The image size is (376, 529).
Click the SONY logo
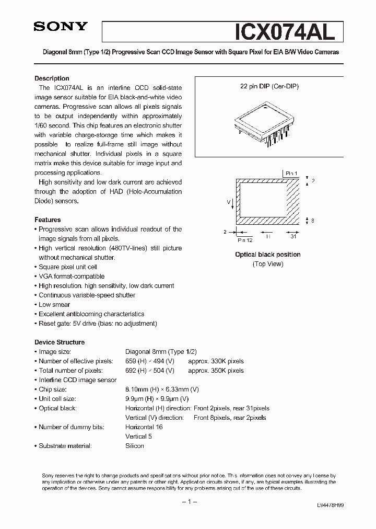pyautogui.click(x=61, y=27)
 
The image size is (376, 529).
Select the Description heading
pyautogui.click(x=52, y=78)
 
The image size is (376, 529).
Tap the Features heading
pyautogui.click(x=48, y=220)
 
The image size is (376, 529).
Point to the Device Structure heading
pyautogui.click(x=60, y=342)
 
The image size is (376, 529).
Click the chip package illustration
pyautogui.click(x=267, y=122)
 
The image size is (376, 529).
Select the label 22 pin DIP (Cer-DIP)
pyautogui.click(x=269, y=86)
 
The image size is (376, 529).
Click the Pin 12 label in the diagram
pyautogui.click(x=245, y=240)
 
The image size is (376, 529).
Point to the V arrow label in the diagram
pyautogui.click(x=228, y=201)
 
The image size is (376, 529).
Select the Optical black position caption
pyautogui.click(x=267, y=255)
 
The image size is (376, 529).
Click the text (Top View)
pyautogui.click(x=267, y=264)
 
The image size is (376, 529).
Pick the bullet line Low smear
pyautogui.click(x=54, y=304)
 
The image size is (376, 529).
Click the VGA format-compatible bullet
pyautogui.click(x=72, y=276)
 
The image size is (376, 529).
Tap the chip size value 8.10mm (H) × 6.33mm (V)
pyautogui.click(x=162, y=389)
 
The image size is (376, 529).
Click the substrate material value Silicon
pyautogui.click(x=134, y=446)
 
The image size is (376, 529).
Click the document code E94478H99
pyautogui.click(x=330, y=506)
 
